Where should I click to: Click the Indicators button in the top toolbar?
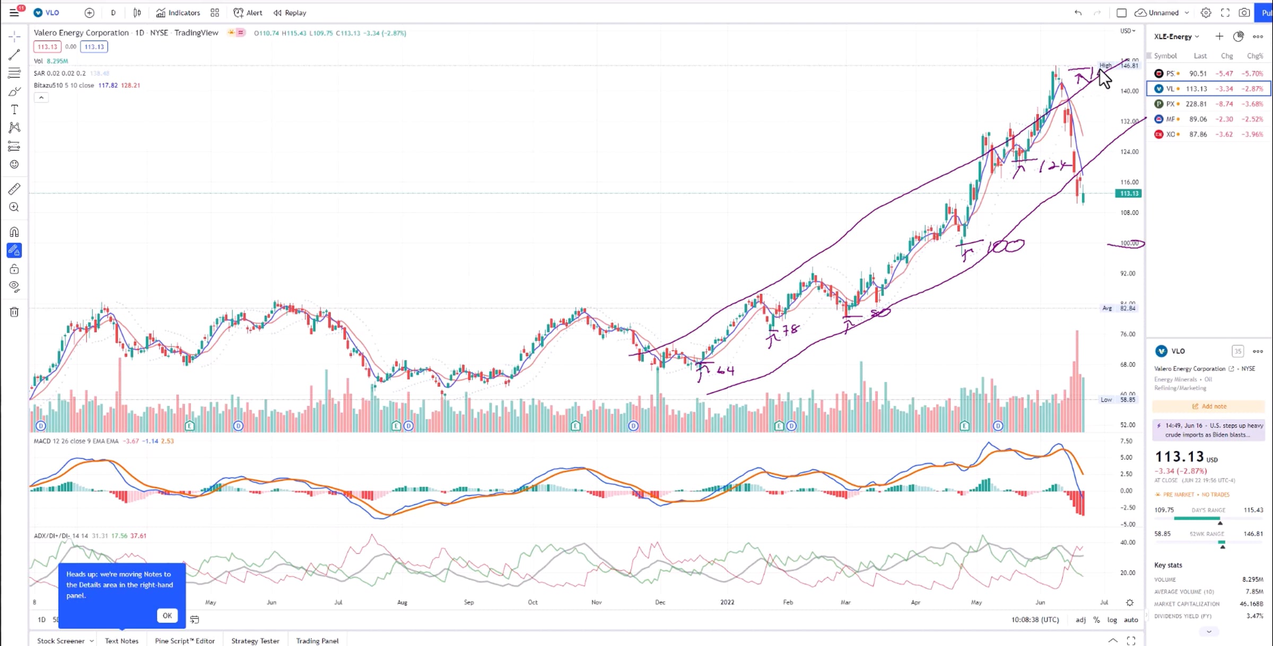point(178,13)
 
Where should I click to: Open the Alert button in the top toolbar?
point(248,13)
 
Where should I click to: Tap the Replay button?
point(290,13)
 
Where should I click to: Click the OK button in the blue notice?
point(167,615)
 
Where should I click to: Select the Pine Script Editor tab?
point(185,641)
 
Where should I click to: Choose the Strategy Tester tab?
point(255,641)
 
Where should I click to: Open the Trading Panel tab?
point(317,641)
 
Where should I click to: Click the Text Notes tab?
point(121,641)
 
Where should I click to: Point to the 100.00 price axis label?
point(1129,243)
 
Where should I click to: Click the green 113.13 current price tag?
point(1128,194)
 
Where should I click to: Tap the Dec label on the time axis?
point(660,603)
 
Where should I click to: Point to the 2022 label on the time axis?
point(727,603)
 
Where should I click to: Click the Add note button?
point(1209,406)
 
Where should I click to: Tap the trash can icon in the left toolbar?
point(14,312)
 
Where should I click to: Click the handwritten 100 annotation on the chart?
point(1005,246)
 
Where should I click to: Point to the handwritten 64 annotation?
point(725,370)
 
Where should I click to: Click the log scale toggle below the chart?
point(1112,619)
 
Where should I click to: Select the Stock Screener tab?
point(61,641)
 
